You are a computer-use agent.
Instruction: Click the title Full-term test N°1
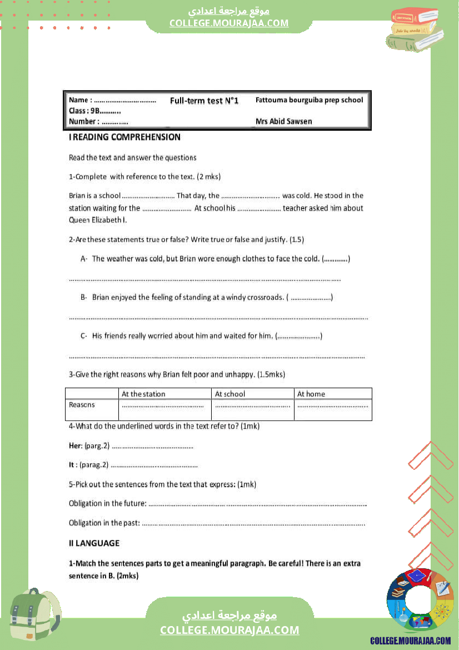click(x=204, y=101)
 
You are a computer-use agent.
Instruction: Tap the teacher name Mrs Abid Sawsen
click(x=283, y=121)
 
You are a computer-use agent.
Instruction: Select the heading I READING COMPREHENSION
click(x=124, y=137)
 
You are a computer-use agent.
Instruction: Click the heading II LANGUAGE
click(x=94, y=543)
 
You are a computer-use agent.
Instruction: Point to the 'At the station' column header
click(x=143, y=394)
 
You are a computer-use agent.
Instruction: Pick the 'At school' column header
click(x=230, y=394)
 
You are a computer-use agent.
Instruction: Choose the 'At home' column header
click(x=311, y=394)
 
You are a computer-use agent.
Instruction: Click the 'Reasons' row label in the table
click(x=82, y=405)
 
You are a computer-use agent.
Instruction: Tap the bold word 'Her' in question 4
click(x=75, y=445)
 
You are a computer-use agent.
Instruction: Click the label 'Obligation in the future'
click(x=107, y=503)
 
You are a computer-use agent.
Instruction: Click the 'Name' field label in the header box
click(x=80, y=100)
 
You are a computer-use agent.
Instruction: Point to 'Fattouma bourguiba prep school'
click(x=309, y=100)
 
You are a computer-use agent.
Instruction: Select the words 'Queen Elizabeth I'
click(x=98, y=220)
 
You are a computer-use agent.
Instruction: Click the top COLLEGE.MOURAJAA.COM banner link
click(x=229, y=23)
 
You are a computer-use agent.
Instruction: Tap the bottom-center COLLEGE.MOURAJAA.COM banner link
click(x=229, y=630)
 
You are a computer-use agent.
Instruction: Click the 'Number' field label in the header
click(x=84, y=121)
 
